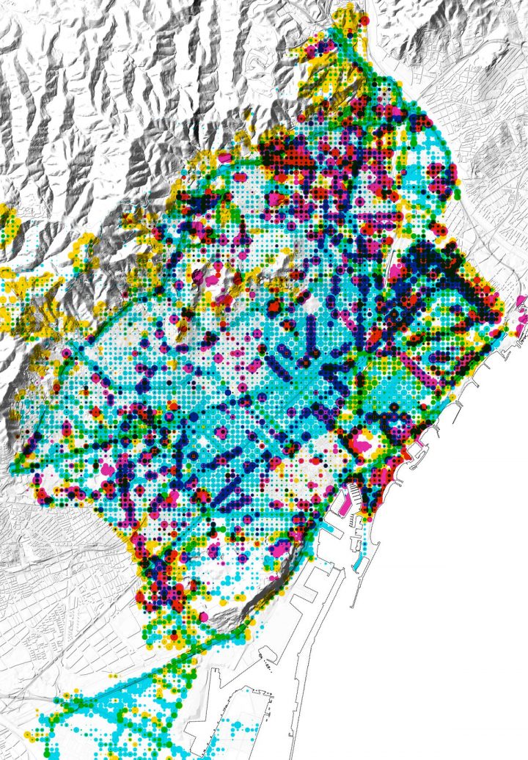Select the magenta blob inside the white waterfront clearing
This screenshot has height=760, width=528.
point(361,442)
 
